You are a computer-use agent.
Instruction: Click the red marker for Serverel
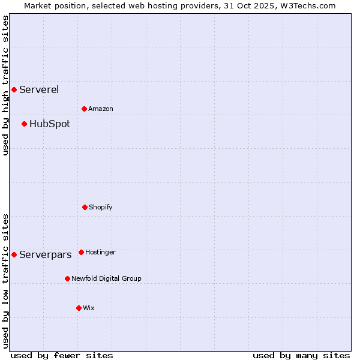pos(14,90)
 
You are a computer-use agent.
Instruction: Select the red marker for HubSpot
pos(24,124)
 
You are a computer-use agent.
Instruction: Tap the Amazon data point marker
pos(84,109)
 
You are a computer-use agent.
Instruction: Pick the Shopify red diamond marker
pos(85,208)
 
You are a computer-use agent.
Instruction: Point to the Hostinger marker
pos(81,253)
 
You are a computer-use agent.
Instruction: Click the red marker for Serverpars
pos(14,255)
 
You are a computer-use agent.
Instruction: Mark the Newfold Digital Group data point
pos(67,279)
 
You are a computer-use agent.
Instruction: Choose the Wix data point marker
pos(79,308)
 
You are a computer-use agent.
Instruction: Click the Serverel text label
pos(39,90)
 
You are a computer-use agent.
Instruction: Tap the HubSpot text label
pos(50,124)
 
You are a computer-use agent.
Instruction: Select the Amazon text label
pos(101,109)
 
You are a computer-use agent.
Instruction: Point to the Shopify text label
pos(101,208)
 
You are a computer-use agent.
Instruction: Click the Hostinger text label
pos(100,253)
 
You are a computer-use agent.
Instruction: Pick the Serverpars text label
pos(46,255)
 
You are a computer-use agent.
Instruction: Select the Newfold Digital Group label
pos(107,279)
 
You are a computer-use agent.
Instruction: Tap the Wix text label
pos(89,308)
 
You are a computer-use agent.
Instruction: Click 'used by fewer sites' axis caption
pos(62,355)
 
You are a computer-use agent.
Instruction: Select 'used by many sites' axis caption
pos(301,355)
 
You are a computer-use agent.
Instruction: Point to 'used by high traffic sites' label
pos(5,85)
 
